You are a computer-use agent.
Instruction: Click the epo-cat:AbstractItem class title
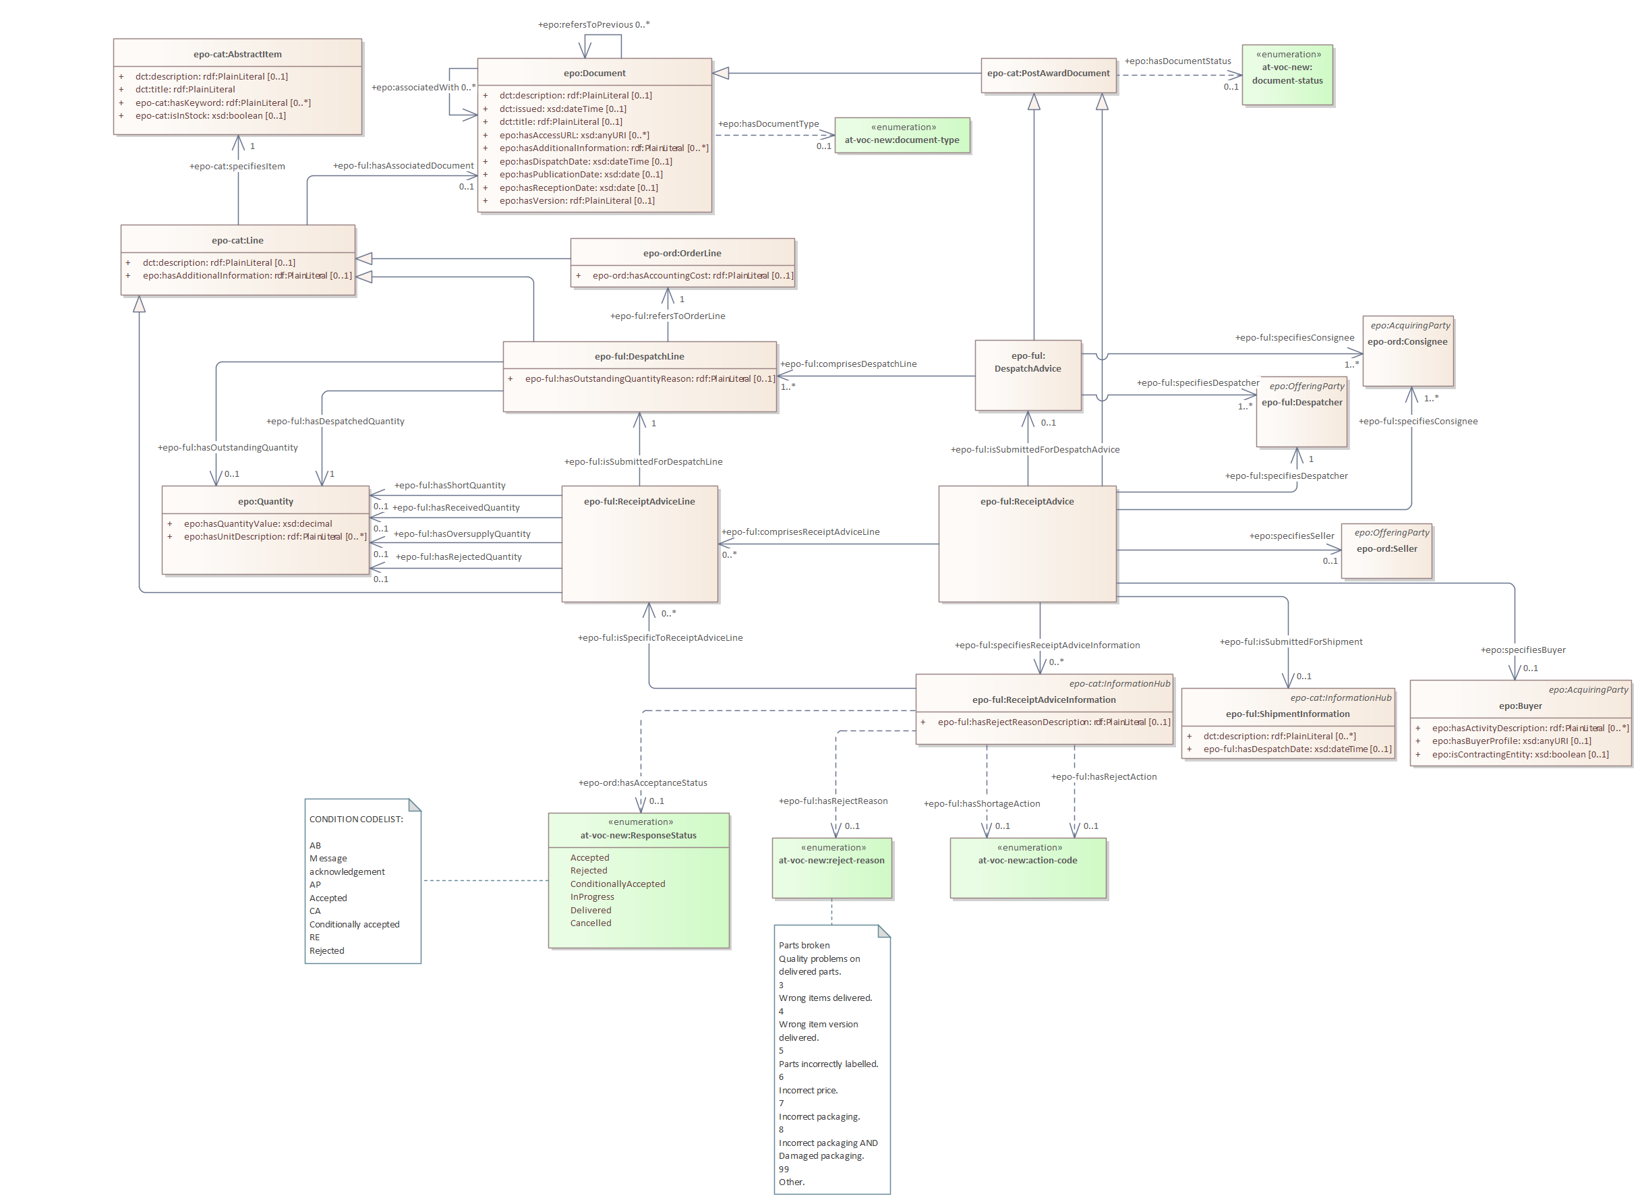coord(237,55)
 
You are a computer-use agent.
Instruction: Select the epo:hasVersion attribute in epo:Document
coord(577,201)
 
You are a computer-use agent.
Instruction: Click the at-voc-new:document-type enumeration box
coord(901,136)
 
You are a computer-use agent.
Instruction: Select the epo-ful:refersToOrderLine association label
coord(668,316)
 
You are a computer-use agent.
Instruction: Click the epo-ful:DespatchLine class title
coord(639,356)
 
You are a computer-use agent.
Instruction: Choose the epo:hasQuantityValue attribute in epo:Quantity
coord(258,524)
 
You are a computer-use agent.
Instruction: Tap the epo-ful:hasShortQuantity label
coord(450,486)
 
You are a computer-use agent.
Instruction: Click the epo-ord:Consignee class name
coord(1407,342)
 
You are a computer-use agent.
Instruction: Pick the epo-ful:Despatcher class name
coord(1301,402)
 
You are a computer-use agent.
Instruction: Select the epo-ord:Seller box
coord(1386,550)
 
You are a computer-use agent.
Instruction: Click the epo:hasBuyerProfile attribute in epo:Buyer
coord(1511,741)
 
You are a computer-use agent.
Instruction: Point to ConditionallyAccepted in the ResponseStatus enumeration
coord(618,884)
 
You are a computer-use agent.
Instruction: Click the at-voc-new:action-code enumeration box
coord(1027,867)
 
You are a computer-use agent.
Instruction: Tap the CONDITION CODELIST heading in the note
coord(355,819)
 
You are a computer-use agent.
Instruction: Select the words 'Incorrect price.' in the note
coord(808,1090)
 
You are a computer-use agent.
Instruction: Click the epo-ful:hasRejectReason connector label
coord(833,801)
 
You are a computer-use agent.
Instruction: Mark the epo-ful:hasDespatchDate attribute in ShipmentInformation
coord(1296,749)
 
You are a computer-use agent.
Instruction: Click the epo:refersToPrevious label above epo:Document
coord(593,25)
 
